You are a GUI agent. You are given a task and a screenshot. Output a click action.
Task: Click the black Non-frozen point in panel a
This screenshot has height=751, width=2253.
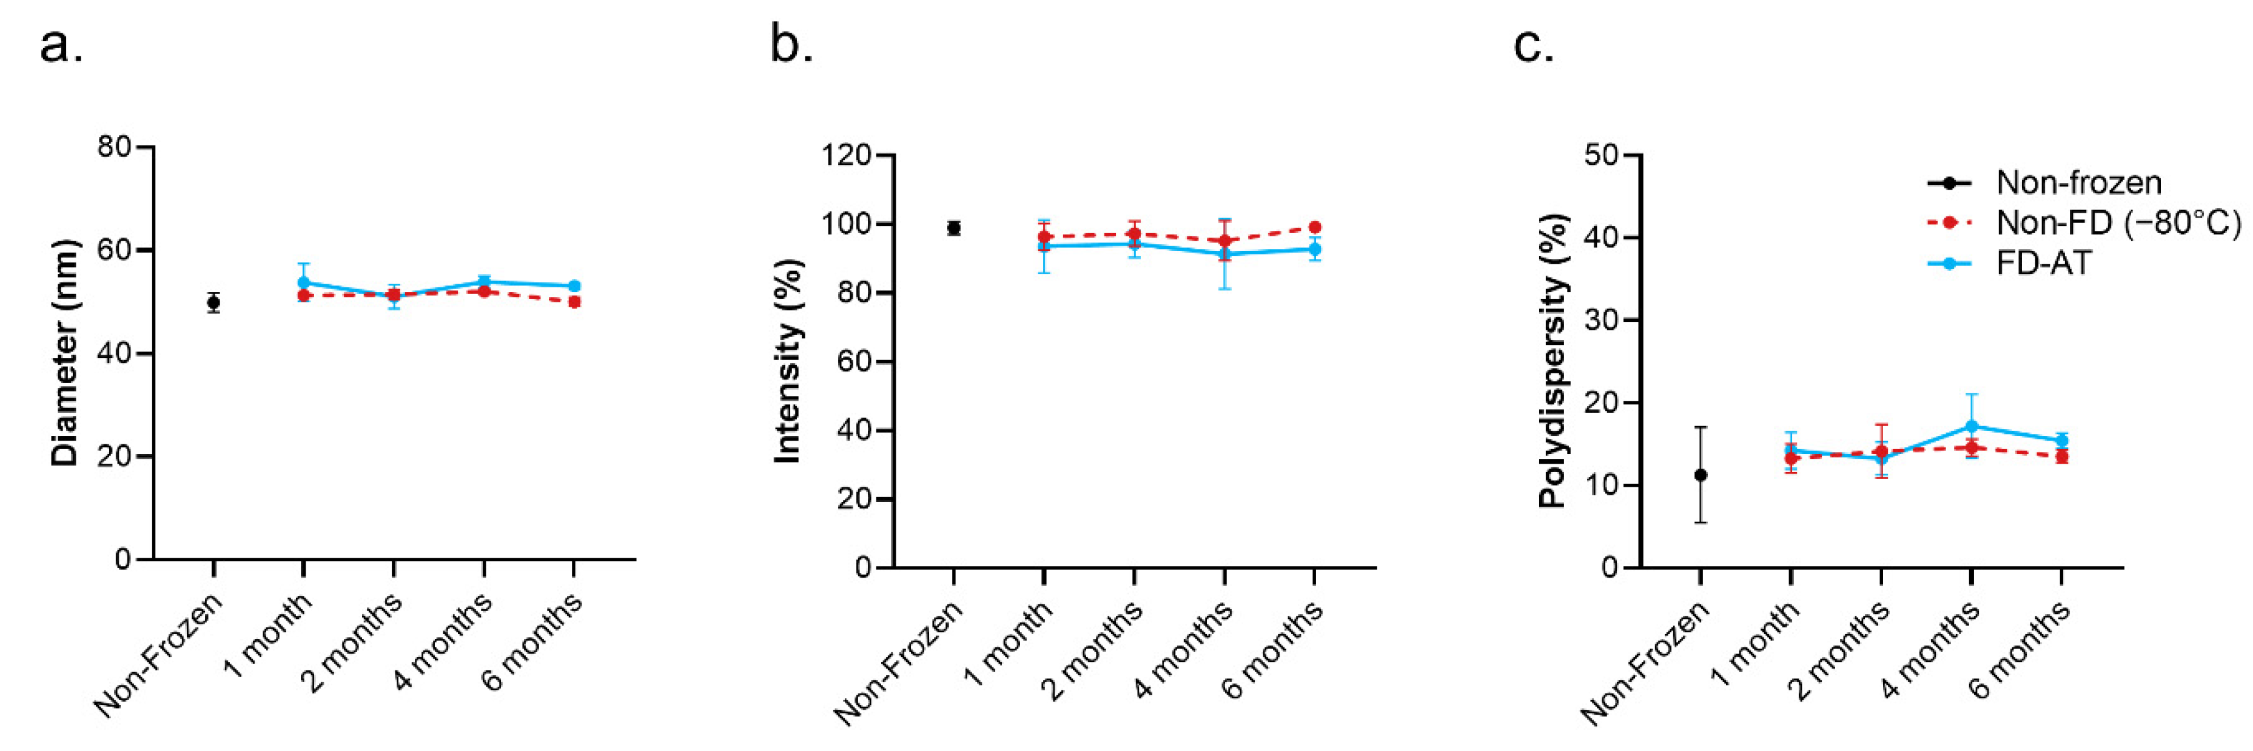[x=213, y=302]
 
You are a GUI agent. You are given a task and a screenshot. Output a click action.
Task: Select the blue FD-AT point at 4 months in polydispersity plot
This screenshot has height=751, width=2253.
[x=1972, y=426]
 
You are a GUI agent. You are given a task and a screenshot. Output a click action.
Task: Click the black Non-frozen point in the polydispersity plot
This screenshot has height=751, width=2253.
[x=1701, y=475]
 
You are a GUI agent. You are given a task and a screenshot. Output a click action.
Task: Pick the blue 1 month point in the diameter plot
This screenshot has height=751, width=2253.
[x=303, y=282]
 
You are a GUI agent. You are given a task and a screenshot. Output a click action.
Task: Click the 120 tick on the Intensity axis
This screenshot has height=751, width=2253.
[x=846, y=156]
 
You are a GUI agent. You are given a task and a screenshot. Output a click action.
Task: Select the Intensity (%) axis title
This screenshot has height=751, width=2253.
[x=788, y=361]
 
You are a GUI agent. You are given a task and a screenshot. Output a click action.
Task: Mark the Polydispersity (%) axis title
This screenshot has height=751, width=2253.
[x=1553, y=361]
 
